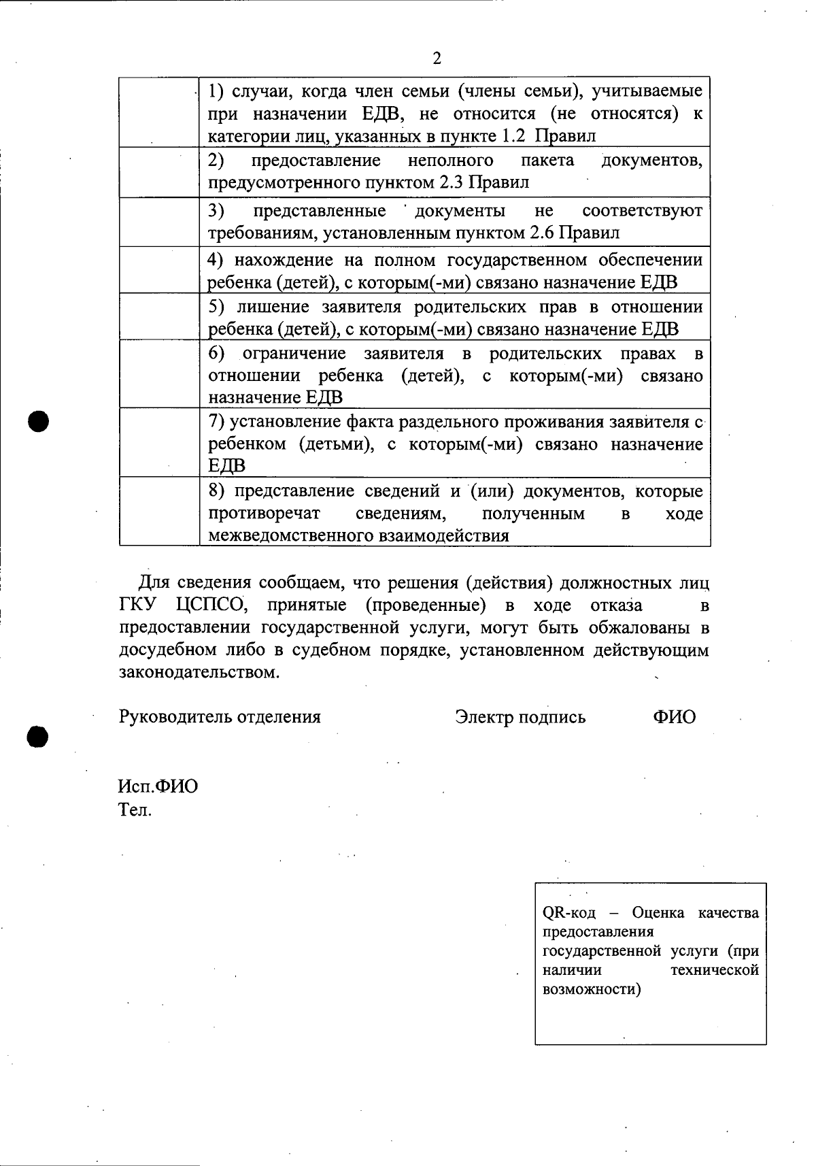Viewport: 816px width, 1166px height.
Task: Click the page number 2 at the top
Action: pyautogui.click(x=437, y=59)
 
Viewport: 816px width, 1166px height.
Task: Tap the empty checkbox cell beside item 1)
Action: pyautogui.click(x=159, y=112)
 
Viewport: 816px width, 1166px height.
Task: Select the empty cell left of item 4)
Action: pyautogui.click(x=159, y=269)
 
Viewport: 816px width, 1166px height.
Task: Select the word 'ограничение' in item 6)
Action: pyautogui.click(x=294, y=354)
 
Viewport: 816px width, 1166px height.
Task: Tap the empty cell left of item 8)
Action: pyautogui.click(x=159, y=511)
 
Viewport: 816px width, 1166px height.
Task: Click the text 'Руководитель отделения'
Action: pyautogui.click(x=220, y=716)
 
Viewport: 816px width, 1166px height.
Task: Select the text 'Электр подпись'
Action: pyautogui.click(x=520, y=717)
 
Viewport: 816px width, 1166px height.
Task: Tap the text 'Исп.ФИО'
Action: pyautogui.click(x=158, y=786)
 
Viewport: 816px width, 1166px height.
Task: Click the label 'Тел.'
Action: pyautogui.click(x=135, y=810)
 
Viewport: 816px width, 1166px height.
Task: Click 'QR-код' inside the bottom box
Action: pyautogui.click(x=568, y=913)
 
